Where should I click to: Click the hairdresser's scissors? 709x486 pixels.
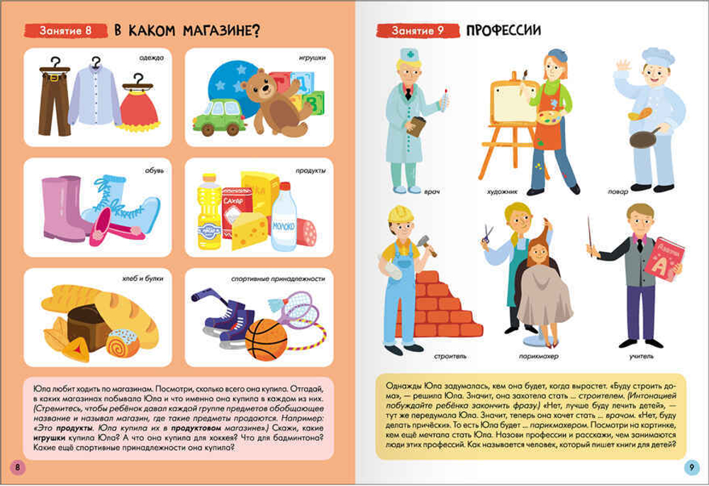coord(487,233)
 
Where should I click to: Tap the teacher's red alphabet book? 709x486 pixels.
coord(664,260)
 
